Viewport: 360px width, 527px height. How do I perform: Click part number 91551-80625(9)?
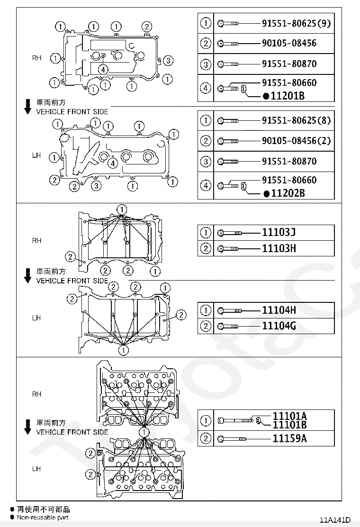click(x=296, y=23)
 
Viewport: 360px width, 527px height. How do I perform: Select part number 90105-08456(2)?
click(x=296, y=141)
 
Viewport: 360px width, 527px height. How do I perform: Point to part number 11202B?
click(x=287, y=193)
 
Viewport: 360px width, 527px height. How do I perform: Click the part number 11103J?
click(x=279, y=232)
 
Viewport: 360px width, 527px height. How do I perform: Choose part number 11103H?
click(x=279, y=248)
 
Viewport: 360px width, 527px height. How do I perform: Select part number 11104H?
click(x=279, y=310)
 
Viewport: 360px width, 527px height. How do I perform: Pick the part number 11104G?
click(x=279, y=326)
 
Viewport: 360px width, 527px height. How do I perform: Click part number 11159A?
click(x=289, y=438)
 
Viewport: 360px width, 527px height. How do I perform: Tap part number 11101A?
click(x=289, y=416)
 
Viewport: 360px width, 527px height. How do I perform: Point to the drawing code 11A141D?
click(x=338, y=519)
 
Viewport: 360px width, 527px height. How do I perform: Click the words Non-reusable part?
click(x=43, y=518)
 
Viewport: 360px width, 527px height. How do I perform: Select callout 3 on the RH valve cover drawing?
click(x=169, y=60)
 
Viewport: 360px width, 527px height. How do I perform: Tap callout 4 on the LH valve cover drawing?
click(x=112, y=164)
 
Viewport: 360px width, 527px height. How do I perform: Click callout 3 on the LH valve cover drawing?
click(x=96, y=185)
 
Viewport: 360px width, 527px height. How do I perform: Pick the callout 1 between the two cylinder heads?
click(x=144, y=432)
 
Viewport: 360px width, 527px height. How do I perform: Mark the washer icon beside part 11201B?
click(x=243, y=88)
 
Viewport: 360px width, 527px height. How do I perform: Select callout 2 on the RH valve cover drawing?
click(x=147, y=26)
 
